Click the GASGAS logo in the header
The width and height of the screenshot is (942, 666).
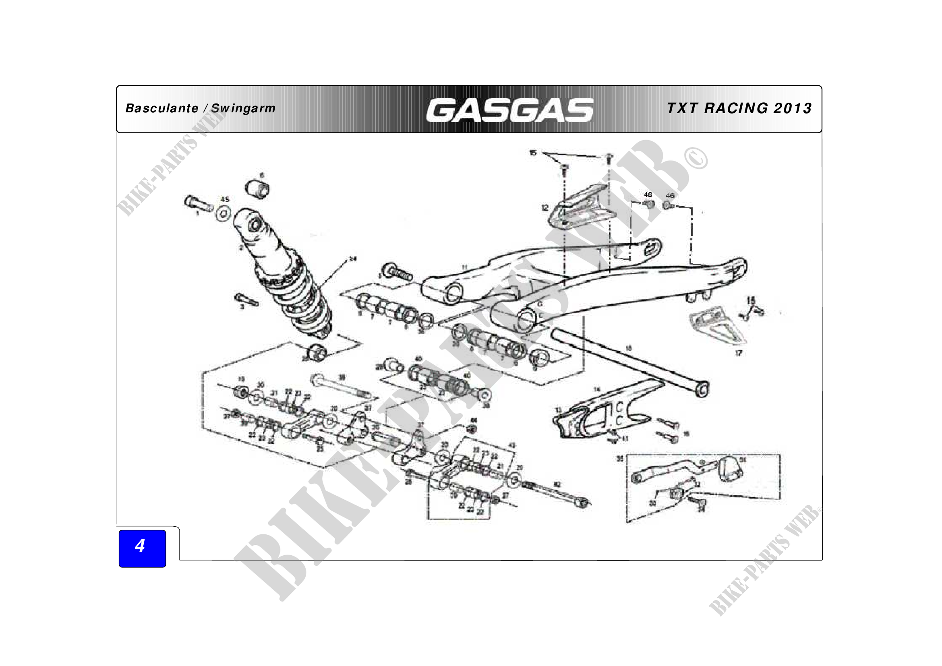pyautogui.click(x=509, y=110)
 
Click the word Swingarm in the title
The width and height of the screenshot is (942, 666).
pyautogui.click(x=243, y=109)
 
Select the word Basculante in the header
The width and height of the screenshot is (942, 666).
pyautogui.click(x=161, y=108)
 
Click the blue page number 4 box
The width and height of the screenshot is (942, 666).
pyautogui.click(x=142, y=548)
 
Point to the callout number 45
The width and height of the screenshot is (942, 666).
pyautogui.click(x=225, y=200)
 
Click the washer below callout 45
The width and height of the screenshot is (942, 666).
pyautogui.click(x=223, y=214)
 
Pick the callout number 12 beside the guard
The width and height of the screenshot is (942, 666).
pyautogui.click(x=545, y=208)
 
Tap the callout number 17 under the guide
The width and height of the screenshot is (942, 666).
pyautogui.click(x=738, y=353)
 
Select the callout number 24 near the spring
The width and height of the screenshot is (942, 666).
pyautogui.click(x=353, y=259)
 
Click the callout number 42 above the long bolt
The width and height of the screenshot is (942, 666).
pyautogui.click(x=557, y=484)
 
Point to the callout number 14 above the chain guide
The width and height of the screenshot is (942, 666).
pyautogui.click(x=597, y=389)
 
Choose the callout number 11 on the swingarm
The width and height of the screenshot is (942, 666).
pyautogui.click(x=464, y=267)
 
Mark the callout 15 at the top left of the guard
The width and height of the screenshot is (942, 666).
pyautogui.click(x=532, y=153)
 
